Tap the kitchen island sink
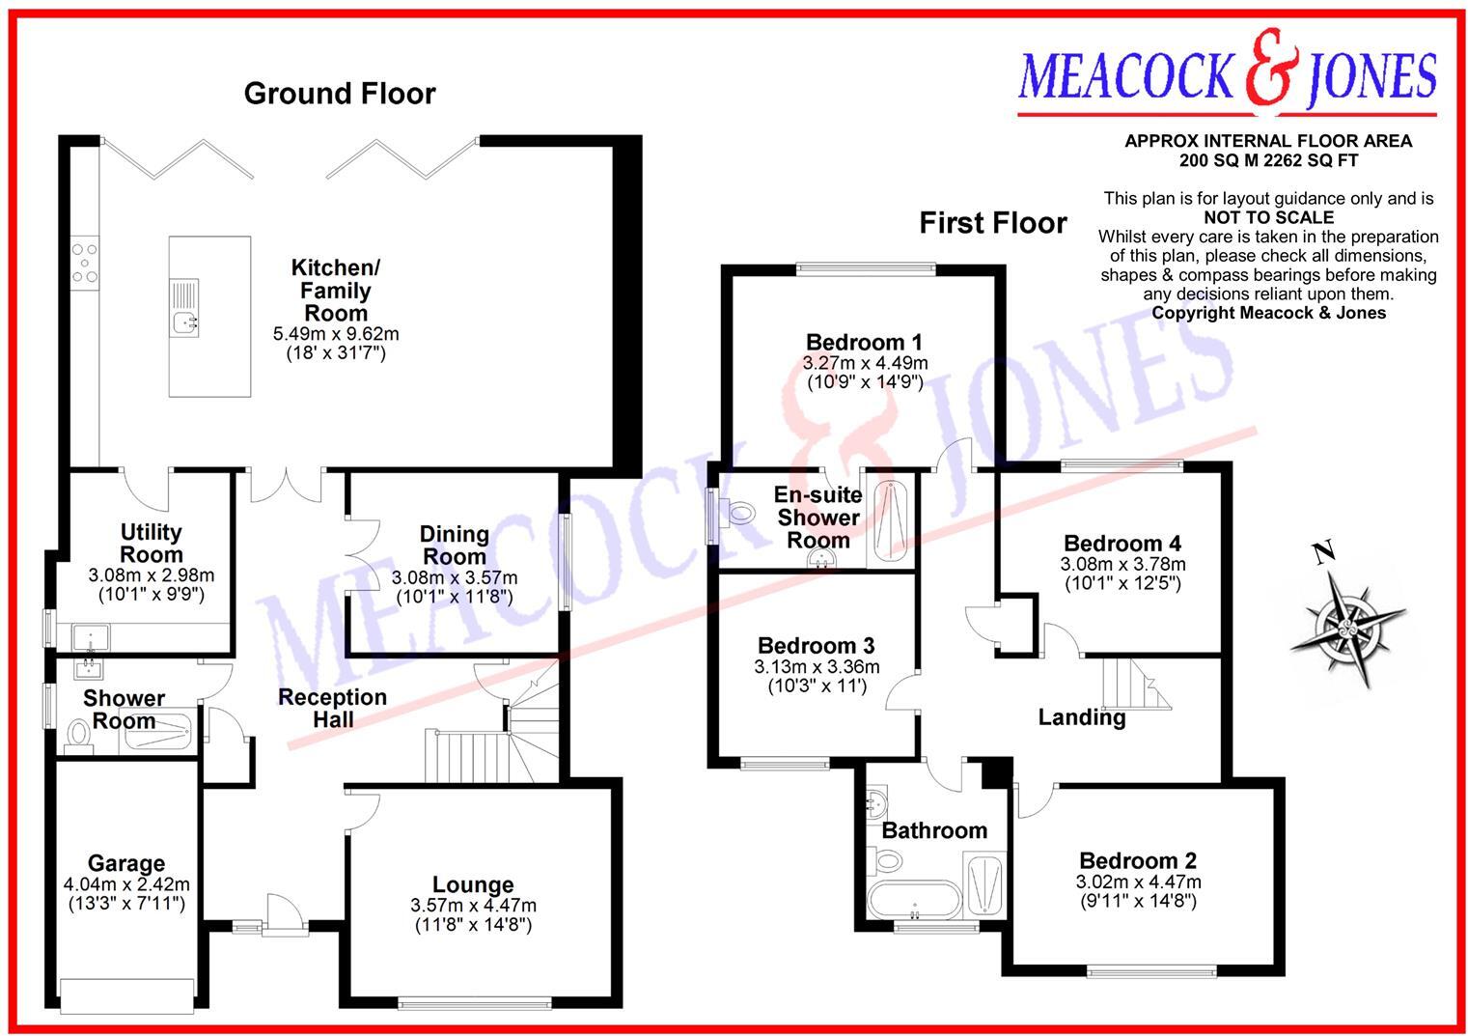tap(184, 322)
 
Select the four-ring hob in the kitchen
tap(83, 261)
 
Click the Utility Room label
tap(152, 544)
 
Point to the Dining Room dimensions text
tap(454, 587)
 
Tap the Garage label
tap(126, 863)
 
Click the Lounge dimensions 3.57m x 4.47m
tap(473, 906)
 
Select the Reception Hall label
tap(332, 708)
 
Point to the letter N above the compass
tap(1324, 552)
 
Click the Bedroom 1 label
tap(864, 342)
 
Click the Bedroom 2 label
tap(1138, 860)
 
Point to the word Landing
tap(1081, 717)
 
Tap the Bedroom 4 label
tap(1122, 544)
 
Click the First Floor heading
tap(992, 223)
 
